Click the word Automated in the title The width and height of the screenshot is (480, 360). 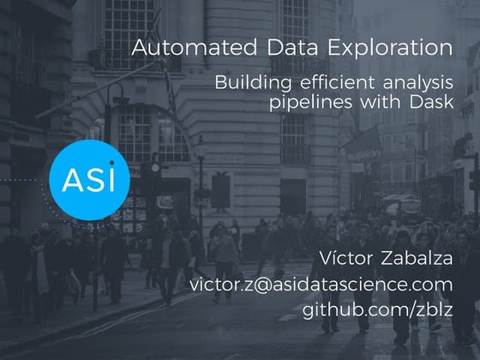click(x=194, y=47)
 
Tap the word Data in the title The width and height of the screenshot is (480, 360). click(x=292, y=47)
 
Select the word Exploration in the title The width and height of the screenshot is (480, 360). click(x=390, y=48)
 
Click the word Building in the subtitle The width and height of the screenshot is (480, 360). click(x=253, y=83)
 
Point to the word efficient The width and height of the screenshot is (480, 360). click(x=337, y=81)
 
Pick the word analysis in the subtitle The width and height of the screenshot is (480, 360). click(x=418, y=83)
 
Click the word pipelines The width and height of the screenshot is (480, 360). click(x=310, y=102)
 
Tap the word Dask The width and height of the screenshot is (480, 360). click(x=431, y=101)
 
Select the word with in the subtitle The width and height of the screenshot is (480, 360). click(x=381, y=101)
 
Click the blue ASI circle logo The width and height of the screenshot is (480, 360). click(x=90, y=180)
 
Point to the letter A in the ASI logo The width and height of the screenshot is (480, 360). click(x=71, y=180)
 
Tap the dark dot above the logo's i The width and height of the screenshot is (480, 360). click(x=112, y=163)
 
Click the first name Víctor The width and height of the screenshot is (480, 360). click(x=346, y=258)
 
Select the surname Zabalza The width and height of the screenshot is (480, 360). click(x=417, y=258)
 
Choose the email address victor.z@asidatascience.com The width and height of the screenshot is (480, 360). click(x=321, y=285)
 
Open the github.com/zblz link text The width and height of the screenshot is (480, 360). click(x=377, y=309)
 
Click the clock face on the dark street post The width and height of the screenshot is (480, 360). click(x=155, y=168)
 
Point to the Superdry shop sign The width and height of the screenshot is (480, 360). click(x=365, y=155)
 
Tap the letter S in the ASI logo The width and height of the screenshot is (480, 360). click(x=93, y=180)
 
